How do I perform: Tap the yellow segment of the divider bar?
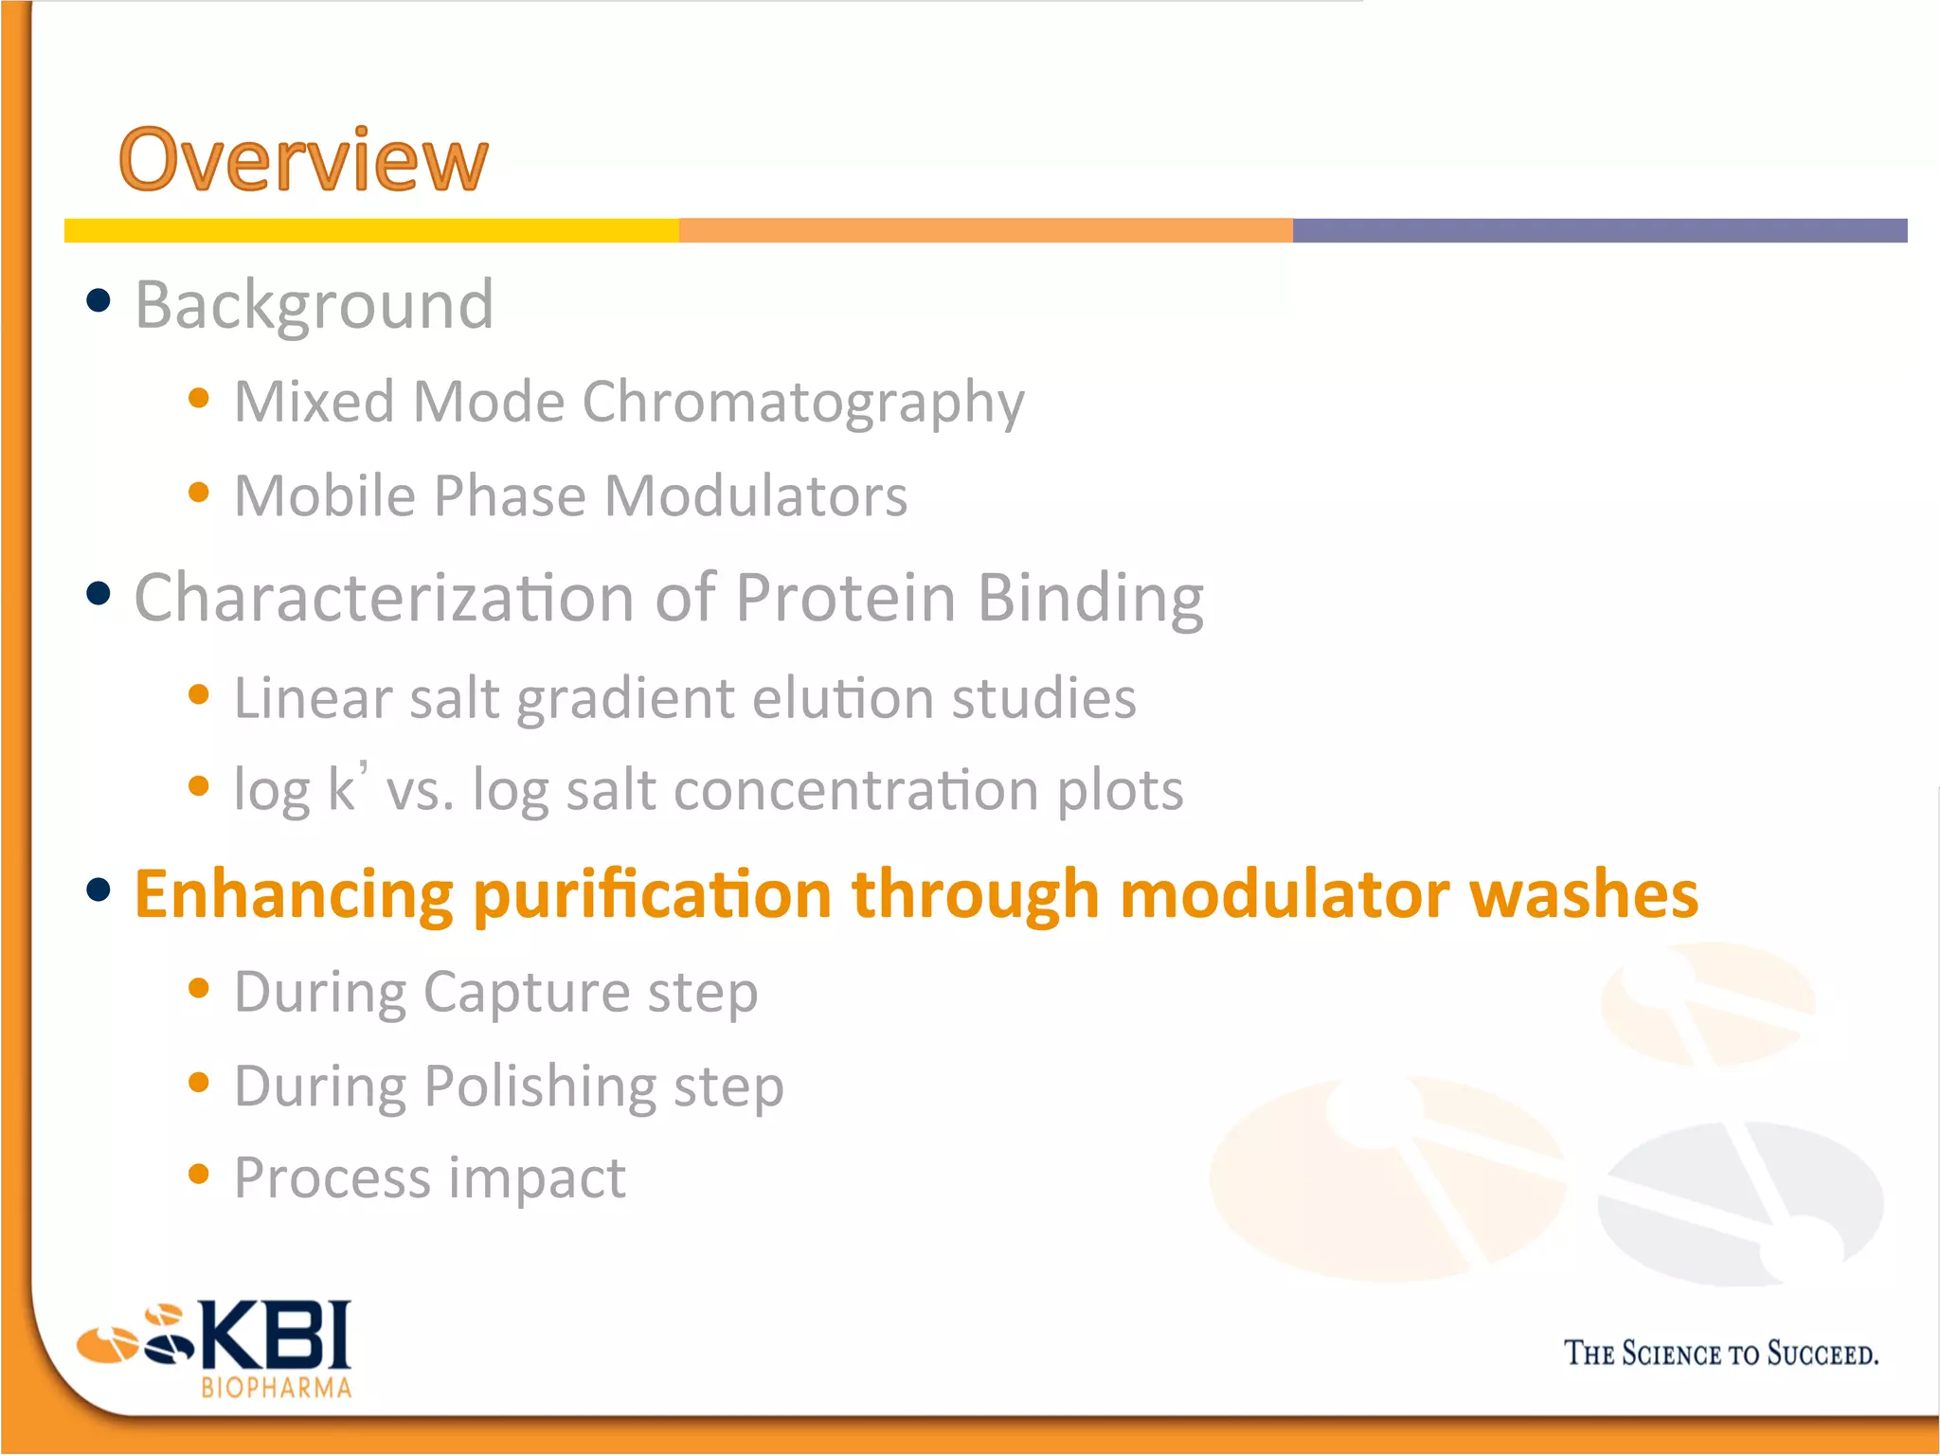click(371, 230)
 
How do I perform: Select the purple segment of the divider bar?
click(1599, 230)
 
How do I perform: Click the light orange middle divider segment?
click(985, 230)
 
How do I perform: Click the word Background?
click(314, 305)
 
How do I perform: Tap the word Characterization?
click(384, 599)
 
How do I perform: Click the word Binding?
click(1089, 599)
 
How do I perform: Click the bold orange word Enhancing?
click(294, 895)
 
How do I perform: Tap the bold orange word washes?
click(1583, 895)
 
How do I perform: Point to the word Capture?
click(526, 993)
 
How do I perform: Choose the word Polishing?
click(539, 1087)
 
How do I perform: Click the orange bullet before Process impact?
click(198, 1175)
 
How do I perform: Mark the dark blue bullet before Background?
click(99, 301)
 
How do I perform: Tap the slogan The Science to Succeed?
click(1720, 1354)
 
